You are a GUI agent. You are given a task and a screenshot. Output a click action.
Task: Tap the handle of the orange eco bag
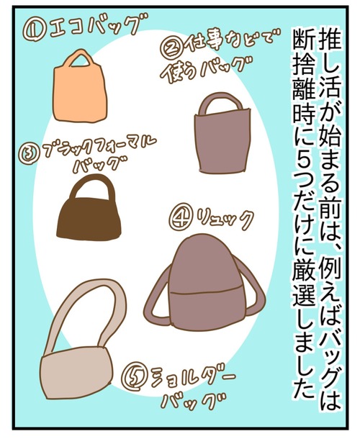tap(81, 54)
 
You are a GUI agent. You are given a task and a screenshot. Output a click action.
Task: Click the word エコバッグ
tap(93, 27)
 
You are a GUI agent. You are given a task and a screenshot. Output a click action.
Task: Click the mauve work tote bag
tap(222, 134)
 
